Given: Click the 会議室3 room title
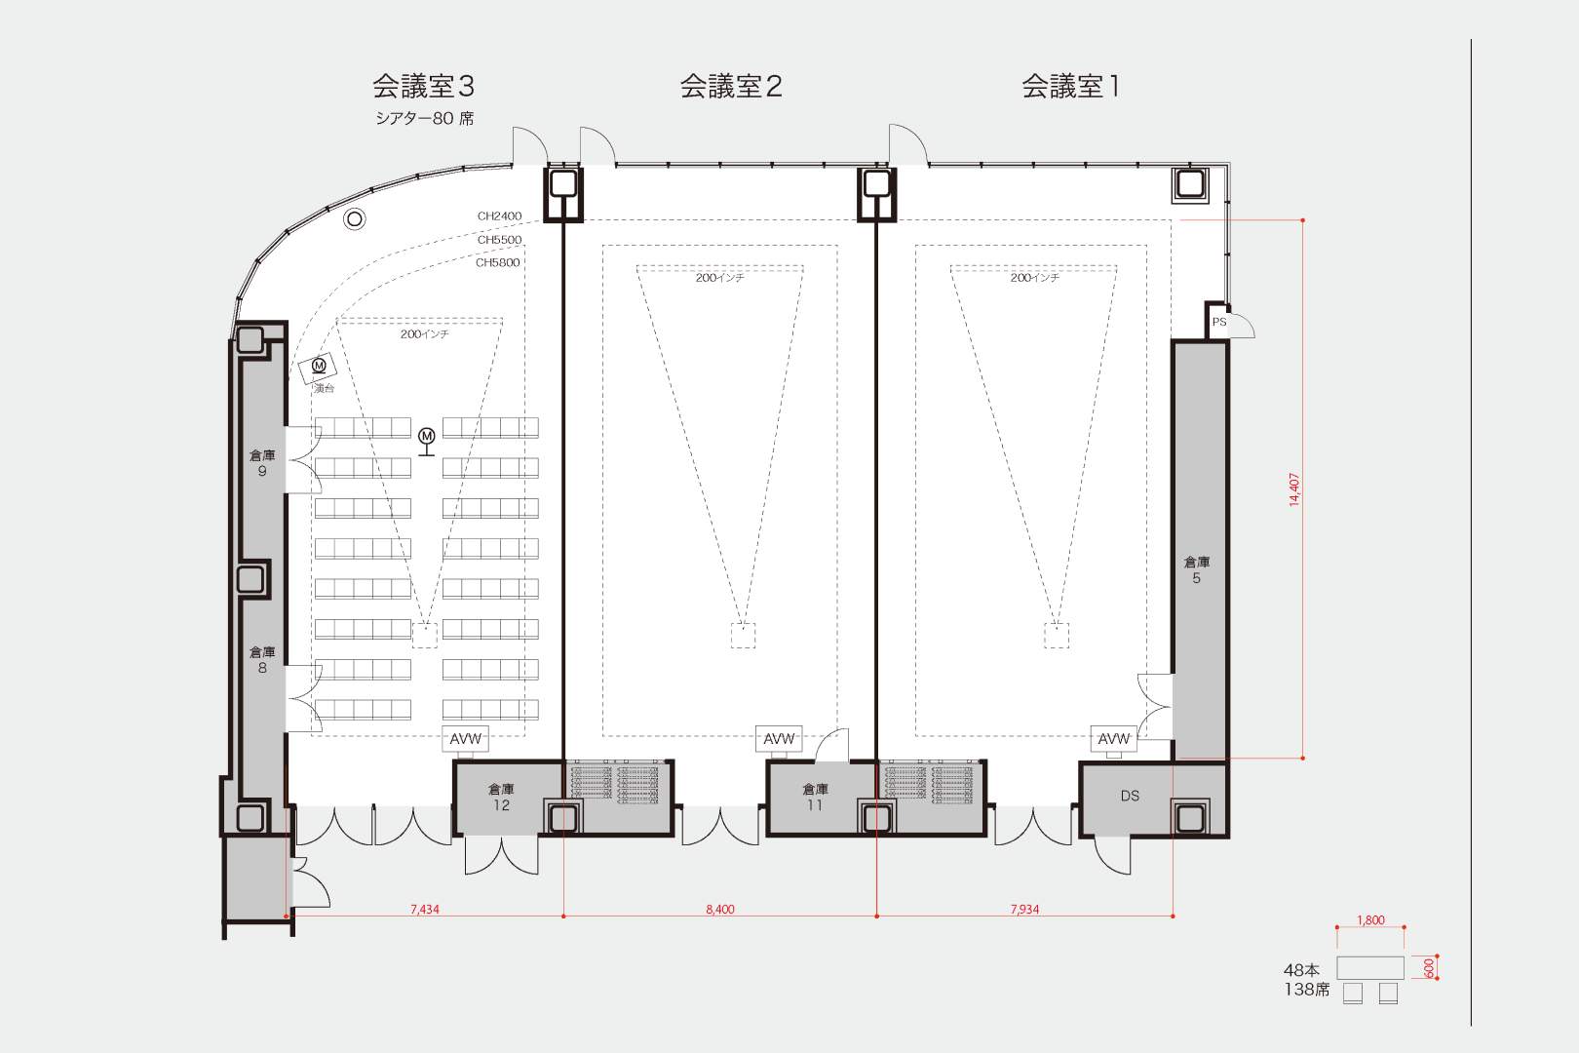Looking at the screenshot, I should coord(423,87).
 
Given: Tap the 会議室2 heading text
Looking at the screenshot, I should coord(731,87).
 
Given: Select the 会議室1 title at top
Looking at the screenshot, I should coord(1070,87).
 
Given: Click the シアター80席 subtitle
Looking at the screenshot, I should coord(425,118).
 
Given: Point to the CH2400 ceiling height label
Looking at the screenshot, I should coord(499,216).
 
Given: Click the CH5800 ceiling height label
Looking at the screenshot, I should coord(497,262).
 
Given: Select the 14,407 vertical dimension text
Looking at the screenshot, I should coord(1294,489).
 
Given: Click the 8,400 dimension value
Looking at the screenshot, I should coord(720,909).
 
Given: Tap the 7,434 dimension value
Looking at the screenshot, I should coord(424,909).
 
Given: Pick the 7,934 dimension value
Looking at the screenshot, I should coord(1024,909).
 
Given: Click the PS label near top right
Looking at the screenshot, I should coord(1218,322).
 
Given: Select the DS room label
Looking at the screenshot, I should coord(1130,796).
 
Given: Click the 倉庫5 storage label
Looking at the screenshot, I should coord(1197,569).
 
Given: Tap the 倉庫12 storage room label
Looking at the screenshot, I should coord(501,797).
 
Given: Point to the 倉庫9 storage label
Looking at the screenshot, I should coord(262,462).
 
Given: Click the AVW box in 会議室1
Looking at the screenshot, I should coord(1113,739).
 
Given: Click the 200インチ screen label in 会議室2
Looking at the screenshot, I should coord(719,278).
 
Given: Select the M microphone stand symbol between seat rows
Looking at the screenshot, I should coord(426,438).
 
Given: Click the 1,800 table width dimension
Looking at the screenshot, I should coord(1370,920).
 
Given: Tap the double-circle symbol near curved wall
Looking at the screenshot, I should coord(355,218).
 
